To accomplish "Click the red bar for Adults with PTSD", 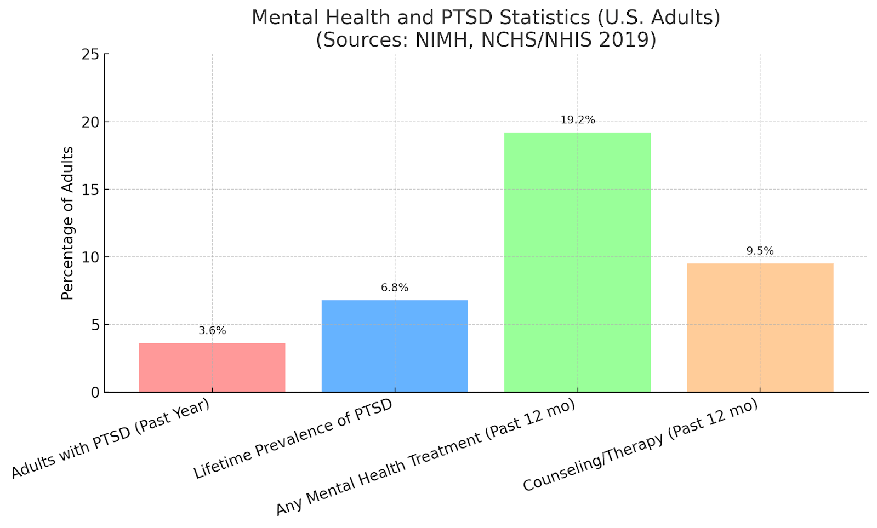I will click(x=212, y=368).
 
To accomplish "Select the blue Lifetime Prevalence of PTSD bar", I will click(x=395, y=346).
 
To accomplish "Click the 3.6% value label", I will click(x=212, y=331).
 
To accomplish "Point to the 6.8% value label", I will click(x=395, y=288).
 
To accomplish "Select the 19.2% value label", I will click(x=577, y=120).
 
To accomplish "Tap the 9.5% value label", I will click(x=760, y=251).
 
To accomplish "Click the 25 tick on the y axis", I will click(x=91, y=54).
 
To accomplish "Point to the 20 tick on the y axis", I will click(x=91, y=122).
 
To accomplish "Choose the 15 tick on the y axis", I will click(x=91, y=190).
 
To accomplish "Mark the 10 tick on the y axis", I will click(x=91, y=257).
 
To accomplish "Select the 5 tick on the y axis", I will click(x=95, y=325).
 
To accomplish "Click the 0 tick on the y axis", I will click(x=95, y=392).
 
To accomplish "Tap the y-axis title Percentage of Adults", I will click(x=67, y=223).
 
